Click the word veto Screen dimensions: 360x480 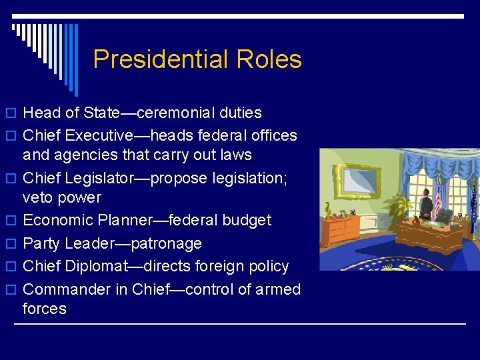(37, 197)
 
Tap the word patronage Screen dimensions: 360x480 (167, 243)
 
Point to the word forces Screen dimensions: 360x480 (45, 309)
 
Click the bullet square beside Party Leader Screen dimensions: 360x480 (14, 244)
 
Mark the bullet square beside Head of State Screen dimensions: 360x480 (14, 113)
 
